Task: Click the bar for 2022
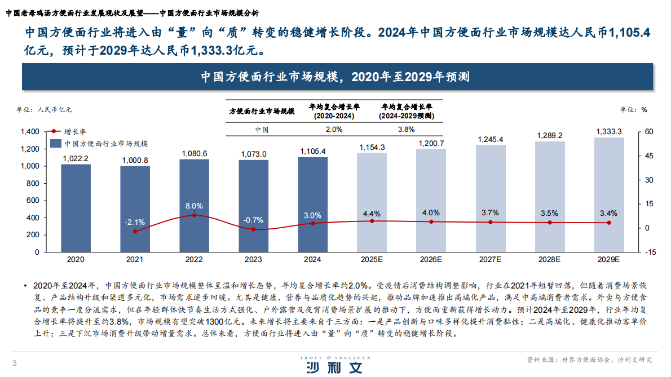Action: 194,205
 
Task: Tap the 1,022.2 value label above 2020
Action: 76,159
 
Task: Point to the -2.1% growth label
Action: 135,222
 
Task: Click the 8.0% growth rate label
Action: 194,206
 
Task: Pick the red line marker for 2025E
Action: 372,221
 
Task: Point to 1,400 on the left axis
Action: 29,132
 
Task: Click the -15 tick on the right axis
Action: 649,252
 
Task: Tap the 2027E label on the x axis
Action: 490,260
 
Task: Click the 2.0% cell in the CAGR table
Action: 334,129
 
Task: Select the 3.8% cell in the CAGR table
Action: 406,129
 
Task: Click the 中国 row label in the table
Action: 261,129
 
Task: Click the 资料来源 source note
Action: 589,360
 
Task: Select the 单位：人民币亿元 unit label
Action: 45,109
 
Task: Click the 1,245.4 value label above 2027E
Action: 490,139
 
